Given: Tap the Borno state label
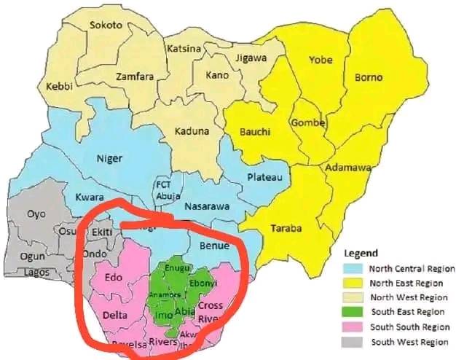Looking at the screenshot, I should click(368, 77).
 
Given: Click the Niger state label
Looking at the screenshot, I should click(109, 158).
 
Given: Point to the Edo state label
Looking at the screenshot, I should click(114, 278).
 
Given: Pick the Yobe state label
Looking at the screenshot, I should click(321, 59).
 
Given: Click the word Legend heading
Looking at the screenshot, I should click(361, 254).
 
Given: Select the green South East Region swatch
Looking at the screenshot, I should click(353, 312).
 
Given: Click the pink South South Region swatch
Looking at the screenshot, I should click(353, 326).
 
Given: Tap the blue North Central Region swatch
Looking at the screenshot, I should click(353, 269).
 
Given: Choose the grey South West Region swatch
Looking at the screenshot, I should click(353, 341).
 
